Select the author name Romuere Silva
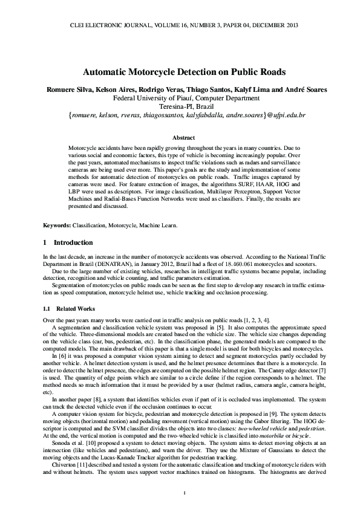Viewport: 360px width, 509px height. coord(68,89)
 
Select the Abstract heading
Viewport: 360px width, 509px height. coord(180,138)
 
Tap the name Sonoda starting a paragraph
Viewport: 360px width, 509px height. coord(64,442)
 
